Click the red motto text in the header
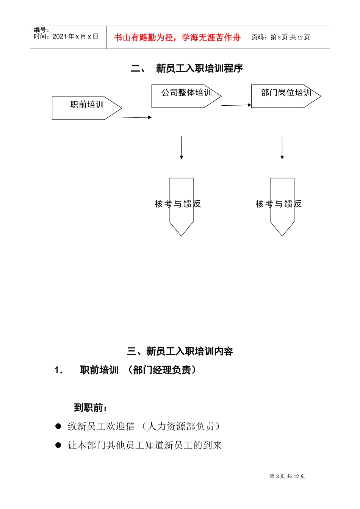177,37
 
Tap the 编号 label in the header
41,30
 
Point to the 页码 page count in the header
280,37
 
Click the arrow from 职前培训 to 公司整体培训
136,117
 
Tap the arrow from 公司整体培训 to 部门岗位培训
236,105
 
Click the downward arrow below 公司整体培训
182,148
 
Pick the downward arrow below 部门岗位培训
282,148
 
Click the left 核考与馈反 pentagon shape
181,206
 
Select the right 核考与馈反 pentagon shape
282,206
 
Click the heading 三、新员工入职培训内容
180,351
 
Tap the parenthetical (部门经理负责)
162,370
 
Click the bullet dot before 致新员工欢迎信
58,426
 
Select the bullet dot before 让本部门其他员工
58,445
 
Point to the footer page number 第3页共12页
287,476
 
